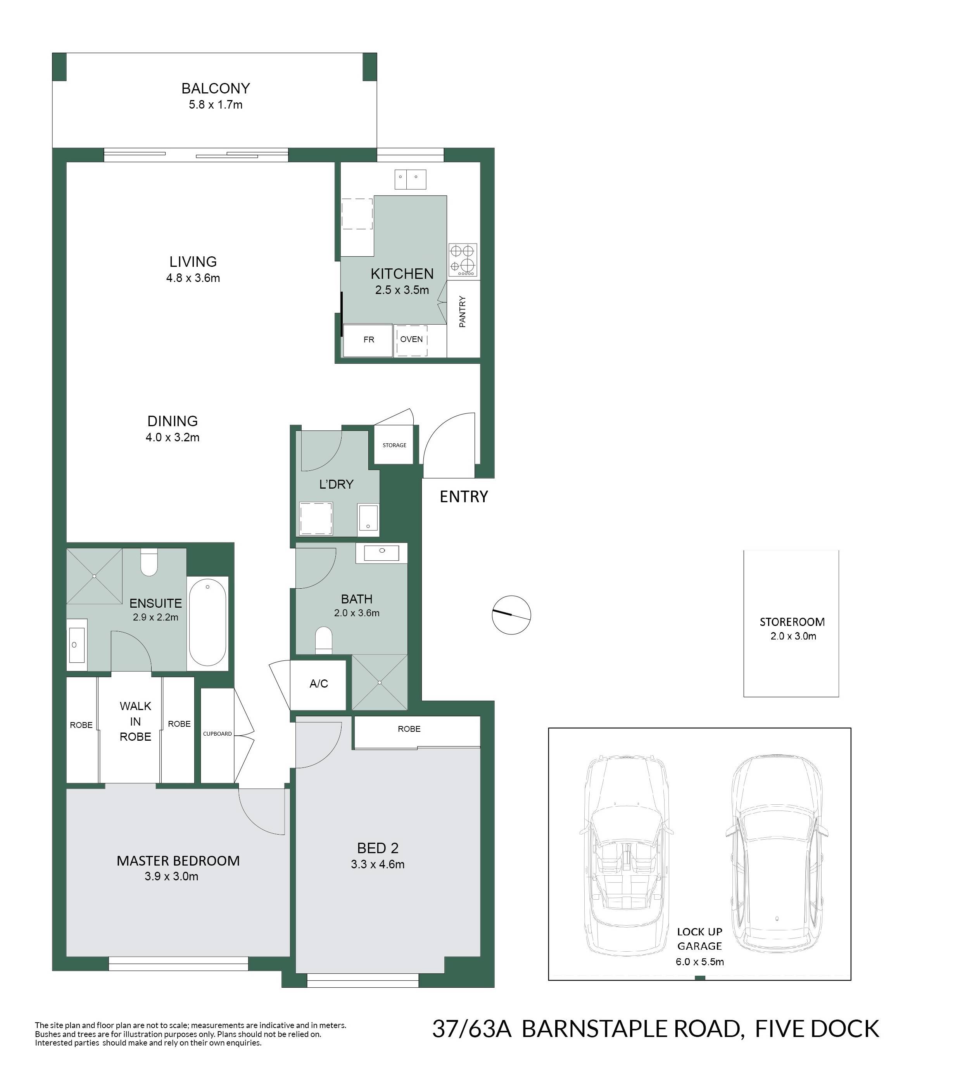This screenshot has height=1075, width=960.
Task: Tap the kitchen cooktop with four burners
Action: [463, 259]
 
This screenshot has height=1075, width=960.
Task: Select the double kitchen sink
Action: [410, 179]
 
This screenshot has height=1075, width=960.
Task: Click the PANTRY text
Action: [463, 312]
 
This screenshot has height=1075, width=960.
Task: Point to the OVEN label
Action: [411, 339]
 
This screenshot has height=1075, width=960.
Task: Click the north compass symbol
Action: [511, 615]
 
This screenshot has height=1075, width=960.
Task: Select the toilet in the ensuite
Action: [149, 562]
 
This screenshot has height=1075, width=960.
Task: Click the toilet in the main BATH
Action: [324, 641]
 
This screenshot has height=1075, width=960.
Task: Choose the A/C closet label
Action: [319, 684]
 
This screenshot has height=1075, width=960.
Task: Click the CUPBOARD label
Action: [218, 734]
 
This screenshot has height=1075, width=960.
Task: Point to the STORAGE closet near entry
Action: [394, 445]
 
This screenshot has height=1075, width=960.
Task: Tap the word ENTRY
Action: [464, 496]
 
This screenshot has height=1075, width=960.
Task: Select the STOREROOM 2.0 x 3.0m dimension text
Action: [793, 636]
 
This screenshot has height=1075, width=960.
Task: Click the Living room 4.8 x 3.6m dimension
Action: [193, 278]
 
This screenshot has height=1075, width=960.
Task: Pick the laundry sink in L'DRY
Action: [368, 517]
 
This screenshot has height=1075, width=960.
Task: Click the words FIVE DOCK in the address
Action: [817, 1043]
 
